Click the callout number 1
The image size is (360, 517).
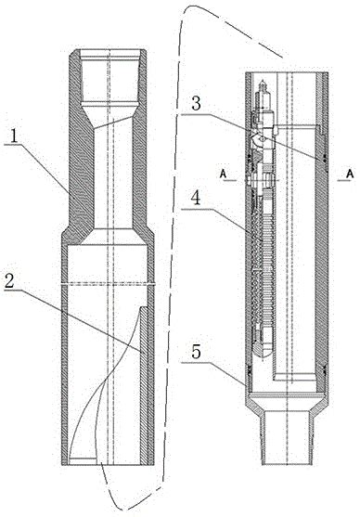point(13,136)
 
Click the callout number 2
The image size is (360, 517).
point(10,281)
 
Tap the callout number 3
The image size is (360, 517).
point(196,104)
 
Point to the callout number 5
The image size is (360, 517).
point(196,352)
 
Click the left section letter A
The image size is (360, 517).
point(224,174)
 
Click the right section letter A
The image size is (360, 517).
point(350,174)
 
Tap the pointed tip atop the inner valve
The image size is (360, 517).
point(263,81)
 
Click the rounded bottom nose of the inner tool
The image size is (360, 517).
point(263,355)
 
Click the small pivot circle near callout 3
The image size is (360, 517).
point(262,139)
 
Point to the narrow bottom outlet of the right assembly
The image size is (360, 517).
point(287,437)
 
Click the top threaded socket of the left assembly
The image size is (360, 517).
point(109,76)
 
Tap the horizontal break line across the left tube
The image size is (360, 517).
point(109,283)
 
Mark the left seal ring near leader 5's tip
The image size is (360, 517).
point(249,370)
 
